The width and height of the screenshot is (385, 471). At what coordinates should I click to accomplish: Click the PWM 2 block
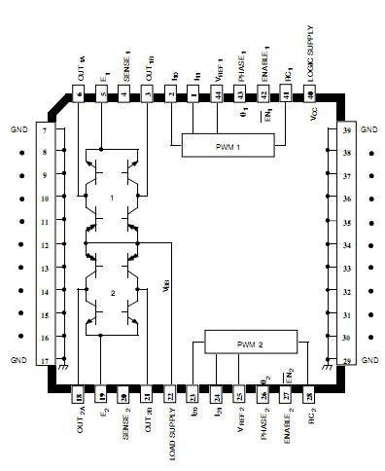point(250,342)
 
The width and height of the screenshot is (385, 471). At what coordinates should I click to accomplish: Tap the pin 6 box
point(79,94)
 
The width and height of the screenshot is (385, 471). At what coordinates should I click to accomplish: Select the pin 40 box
point(310,94)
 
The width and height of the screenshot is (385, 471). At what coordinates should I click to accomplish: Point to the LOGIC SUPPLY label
point(311,54)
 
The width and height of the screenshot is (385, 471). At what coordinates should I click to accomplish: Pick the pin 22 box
point(170,396)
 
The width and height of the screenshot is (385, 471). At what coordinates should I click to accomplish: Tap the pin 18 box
point(79,396)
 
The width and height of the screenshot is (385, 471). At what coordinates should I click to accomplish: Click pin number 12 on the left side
point(45,245)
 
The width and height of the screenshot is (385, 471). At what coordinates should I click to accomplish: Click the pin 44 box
point(217,94)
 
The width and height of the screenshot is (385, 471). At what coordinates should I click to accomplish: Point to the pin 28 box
point(309,396)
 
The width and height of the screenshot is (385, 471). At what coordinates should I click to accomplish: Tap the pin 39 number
point(346,130)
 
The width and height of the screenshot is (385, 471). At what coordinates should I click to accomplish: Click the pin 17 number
point(45,361)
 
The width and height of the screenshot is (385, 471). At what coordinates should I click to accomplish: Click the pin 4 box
point(124,94)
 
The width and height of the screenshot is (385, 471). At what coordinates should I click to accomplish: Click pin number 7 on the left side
point(45,130)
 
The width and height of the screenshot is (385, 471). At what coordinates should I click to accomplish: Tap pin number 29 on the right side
point(346,361)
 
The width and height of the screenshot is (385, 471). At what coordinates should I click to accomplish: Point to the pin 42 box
point(263,94)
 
